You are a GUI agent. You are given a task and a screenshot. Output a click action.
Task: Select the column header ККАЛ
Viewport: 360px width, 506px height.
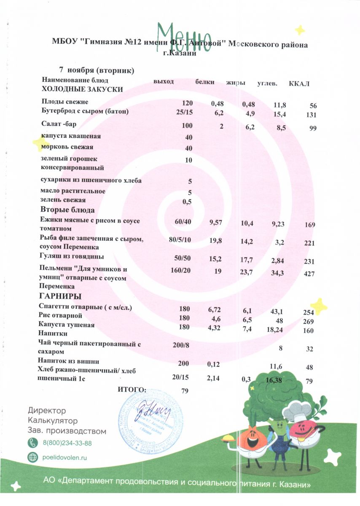299,83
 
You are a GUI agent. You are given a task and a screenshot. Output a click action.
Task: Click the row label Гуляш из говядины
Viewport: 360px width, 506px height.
72,256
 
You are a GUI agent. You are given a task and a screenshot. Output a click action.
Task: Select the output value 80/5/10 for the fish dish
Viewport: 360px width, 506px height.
180,240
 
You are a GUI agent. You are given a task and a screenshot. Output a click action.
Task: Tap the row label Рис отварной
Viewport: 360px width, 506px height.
60,315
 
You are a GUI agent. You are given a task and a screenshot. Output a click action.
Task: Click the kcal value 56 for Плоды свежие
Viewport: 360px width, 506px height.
312,106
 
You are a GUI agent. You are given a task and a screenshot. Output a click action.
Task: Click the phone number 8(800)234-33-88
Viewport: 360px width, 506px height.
67,443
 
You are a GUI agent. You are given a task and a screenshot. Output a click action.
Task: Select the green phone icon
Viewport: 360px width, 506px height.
32,443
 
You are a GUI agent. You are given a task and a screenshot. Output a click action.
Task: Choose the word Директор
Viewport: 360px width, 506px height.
47,410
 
